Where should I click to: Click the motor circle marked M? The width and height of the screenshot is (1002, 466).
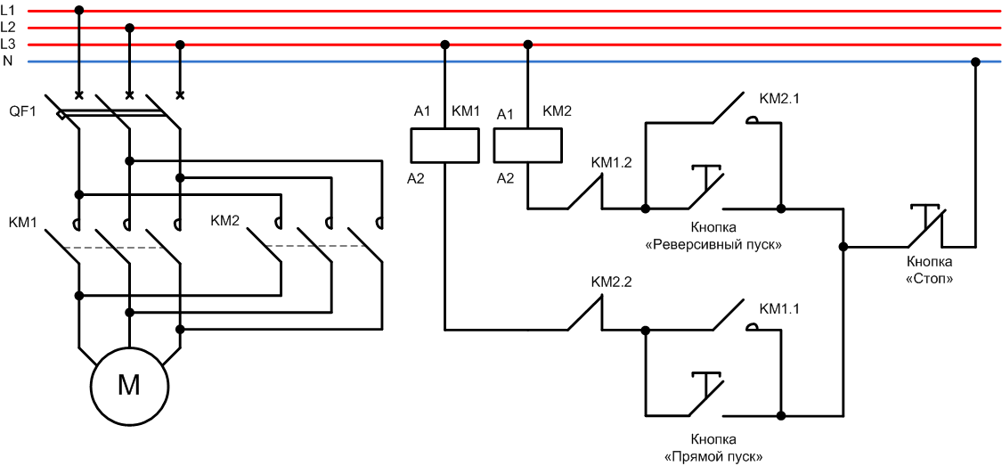pos(129,385)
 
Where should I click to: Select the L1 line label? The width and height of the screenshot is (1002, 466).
pos(8,10)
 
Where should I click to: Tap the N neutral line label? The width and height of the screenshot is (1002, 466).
pos(8,61)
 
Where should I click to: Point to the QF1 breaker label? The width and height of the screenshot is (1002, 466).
pos(22,111)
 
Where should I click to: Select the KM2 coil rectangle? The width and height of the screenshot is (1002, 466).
pos(527,143)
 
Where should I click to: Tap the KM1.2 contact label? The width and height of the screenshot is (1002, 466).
pos(611,163)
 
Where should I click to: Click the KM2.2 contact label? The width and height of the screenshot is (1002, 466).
pos(611,282)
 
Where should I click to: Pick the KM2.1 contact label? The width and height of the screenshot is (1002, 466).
pos(778,99)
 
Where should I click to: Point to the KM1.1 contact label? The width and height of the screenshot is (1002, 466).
pos(778,308)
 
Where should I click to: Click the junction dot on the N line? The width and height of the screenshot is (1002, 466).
pos(975,61)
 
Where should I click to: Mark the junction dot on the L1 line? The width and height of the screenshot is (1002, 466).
pos(79,11)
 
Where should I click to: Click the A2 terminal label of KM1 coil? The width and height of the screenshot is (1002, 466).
pos(416,178)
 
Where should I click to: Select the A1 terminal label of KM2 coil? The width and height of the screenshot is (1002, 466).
pos(505,113)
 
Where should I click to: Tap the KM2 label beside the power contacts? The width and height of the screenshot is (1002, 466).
pos(226,220)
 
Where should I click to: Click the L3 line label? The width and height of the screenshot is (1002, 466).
pos(8,44)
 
